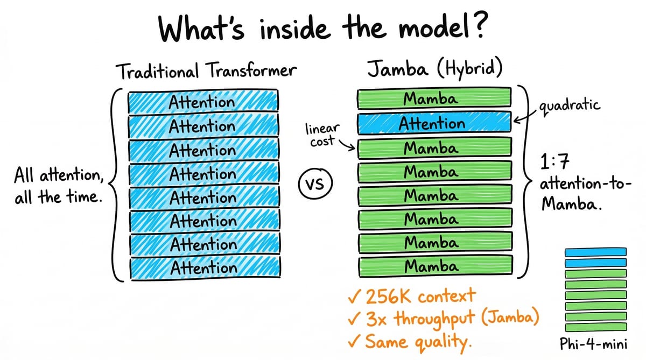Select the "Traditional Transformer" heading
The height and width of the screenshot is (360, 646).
(x=206, y=72)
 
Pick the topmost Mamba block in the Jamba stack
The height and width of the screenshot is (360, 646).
(x=433, y=99)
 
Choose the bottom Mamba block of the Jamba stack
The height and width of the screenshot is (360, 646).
(x=433, y=265)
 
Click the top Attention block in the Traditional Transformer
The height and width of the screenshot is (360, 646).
(x=203, y=102)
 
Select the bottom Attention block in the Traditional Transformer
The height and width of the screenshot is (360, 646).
(x=203, y=267)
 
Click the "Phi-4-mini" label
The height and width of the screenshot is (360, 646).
(x=595, y=344)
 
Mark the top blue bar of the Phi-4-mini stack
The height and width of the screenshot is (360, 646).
(x=595, y=252)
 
